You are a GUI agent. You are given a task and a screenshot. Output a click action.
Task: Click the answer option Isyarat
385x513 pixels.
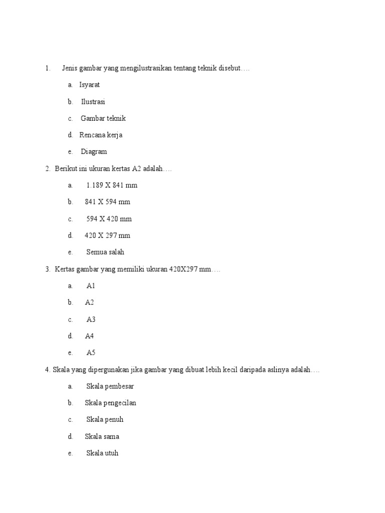(x=89, y=85)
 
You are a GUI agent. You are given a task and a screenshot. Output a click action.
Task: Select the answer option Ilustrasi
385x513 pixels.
(x=93, y=102)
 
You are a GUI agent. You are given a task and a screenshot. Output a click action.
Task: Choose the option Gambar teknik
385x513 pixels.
(x=103, y=118)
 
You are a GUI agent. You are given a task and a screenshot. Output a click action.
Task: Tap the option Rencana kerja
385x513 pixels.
(x=101, y=135)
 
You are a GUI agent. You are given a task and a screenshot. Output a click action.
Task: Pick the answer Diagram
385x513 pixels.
(x=94, y=152)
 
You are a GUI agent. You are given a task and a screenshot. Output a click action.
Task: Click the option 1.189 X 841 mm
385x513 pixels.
(x=112, y=185)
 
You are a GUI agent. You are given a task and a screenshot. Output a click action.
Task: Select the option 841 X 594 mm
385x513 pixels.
(x=107, y=202)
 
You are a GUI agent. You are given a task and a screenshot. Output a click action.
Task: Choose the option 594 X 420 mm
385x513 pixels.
(x=109, y=219)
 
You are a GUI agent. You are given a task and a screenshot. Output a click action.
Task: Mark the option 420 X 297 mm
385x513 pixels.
(x=107, y=235)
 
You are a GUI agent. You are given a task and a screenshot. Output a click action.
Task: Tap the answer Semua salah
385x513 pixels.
(x=105, y=252)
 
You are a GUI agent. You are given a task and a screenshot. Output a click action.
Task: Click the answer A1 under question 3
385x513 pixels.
(x=91, y=286)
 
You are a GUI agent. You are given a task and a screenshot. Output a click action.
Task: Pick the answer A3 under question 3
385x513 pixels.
(x=91, y=320)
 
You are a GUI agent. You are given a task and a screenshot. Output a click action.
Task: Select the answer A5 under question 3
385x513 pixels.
(x=91, y=353)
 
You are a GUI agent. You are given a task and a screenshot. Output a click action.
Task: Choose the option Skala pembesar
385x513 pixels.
(x=110, y=386)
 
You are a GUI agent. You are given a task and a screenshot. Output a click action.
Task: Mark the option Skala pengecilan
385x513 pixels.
(x=110, y=403)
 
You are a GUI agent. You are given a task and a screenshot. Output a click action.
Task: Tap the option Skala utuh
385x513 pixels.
(x=102, y=453)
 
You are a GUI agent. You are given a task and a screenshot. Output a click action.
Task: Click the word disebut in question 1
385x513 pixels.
(x=229, y=68)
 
